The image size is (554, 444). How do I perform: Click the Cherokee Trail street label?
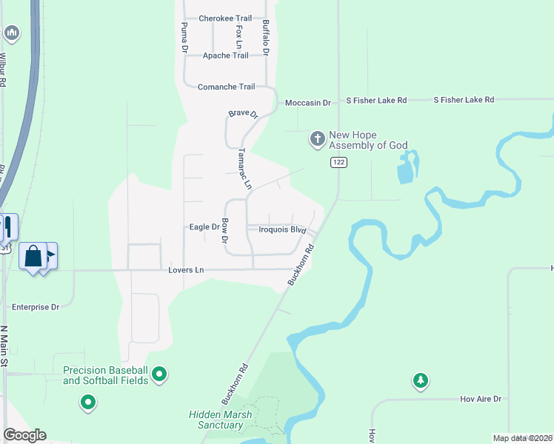point(225,18)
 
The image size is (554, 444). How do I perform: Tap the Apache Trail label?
point(226,55)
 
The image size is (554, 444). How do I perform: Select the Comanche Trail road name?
point(226,87)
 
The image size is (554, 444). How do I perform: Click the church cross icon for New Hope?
point(317,139)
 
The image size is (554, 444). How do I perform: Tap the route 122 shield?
point(338,163)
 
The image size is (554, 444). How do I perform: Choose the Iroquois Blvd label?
point(282,230)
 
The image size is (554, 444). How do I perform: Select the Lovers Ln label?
point(186,270)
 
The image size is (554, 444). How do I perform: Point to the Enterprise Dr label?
point(36,307)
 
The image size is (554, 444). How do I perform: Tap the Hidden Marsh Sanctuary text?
point(220,420)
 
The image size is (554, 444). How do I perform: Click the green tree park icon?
point(421,380)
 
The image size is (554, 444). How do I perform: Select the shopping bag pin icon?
point(33,257)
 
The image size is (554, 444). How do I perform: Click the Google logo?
point(24,435)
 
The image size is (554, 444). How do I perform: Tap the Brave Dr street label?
point(242,114)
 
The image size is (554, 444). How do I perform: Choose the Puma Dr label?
point(184,37)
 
